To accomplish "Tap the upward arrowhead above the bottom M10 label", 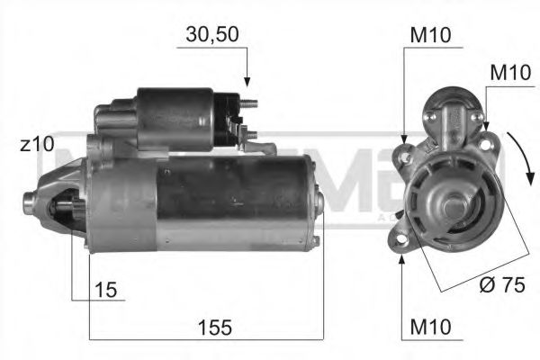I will (x=402, y=256).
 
